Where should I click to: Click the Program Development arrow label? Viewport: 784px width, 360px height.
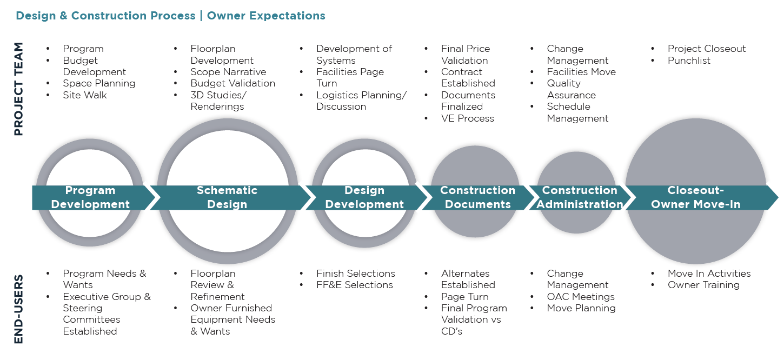click(90, 197)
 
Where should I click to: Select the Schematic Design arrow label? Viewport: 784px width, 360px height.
click(227, 197)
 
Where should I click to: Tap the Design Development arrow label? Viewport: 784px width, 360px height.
click(364, 197)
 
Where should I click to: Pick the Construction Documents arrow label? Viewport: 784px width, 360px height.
click(477, 197)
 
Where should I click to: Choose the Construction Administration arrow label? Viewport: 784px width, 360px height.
click(580, 197)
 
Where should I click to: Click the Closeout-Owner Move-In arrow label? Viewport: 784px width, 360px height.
click(695, 197)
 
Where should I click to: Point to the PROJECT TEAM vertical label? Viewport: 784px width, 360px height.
click(18, 89)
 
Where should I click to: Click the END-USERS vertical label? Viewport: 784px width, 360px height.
click(18, 309)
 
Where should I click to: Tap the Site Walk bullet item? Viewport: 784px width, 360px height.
click(85, 95)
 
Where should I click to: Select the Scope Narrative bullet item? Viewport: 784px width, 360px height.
click(228, 72)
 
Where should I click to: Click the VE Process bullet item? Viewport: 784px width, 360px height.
click(467, 118)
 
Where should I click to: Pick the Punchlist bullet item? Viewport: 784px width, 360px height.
click(689, 61)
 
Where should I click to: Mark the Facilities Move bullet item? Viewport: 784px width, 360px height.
click(581, 72)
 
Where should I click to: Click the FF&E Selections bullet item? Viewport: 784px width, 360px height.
click(354, 285)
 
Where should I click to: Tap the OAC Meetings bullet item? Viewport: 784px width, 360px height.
click(581, 297)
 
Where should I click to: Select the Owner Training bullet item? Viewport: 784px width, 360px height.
click(703, 285)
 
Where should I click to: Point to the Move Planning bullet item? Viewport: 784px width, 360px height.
click(581, 308)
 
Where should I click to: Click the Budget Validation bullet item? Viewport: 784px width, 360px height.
click(232, 83)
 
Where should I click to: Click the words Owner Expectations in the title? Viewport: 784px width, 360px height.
click(266, 16)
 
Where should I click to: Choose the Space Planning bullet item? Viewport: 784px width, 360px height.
click(99, 83)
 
